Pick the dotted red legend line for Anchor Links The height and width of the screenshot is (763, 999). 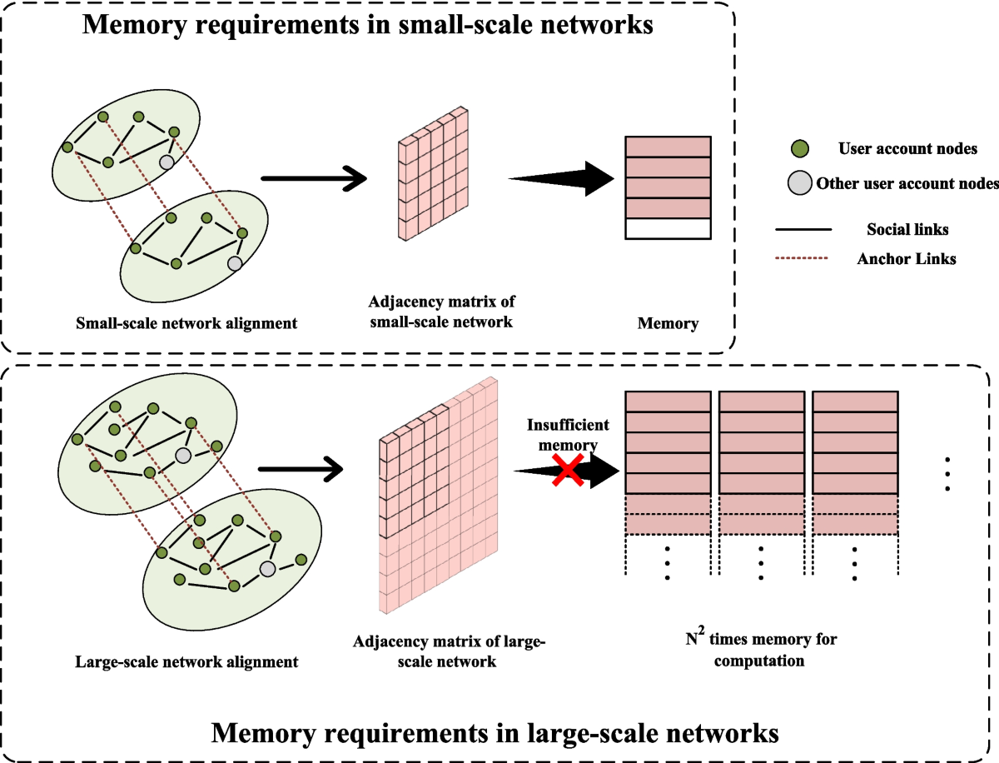tap(803, 258)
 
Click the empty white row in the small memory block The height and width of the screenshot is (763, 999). tap(668, 228)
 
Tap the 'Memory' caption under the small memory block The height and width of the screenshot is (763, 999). tap(668, 323)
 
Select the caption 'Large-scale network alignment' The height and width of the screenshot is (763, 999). tap(186, 663)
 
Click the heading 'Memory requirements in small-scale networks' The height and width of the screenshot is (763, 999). tap(367, 25)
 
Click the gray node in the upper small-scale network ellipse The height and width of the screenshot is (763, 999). tap(166, 162)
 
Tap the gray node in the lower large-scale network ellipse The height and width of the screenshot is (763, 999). tap(267, 569)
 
